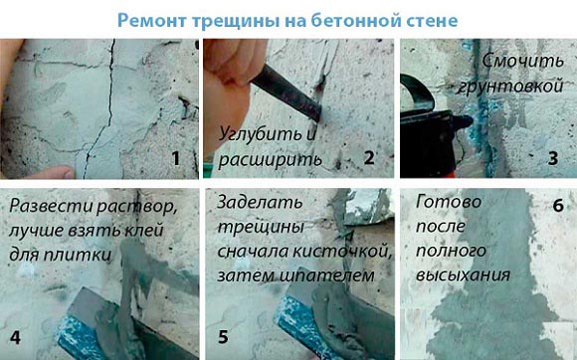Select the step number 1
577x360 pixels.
pyautogui.click(x=176, y=158)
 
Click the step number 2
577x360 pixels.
pyautogui.click(x=369, y=158)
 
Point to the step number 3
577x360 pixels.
pyautogui.click(x=553, y=158)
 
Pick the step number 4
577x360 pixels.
pyautogui.click(x=15, y=337)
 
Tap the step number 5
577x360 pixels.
pyautogui.click(x=224, y=337)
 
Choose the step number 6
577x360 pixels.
pyautogui.click(x=558, y=206)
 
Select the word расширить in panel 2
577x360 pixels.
pyautogui.click(x=271, y=160)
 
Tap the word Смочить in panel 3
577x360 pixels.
pyautogui.click(x=523, y=61)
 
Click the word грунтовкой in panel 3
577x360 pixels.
pyautogui.click(x=510, y=87)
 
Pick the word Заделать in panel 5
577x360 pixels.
pyautogui.click(x=261, y=202)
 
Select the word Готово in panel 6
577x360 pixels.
pyautogui.click(x=449, y=202)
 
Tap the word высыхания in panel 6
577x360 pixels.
pyautogui.click(x=463, y=275)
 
